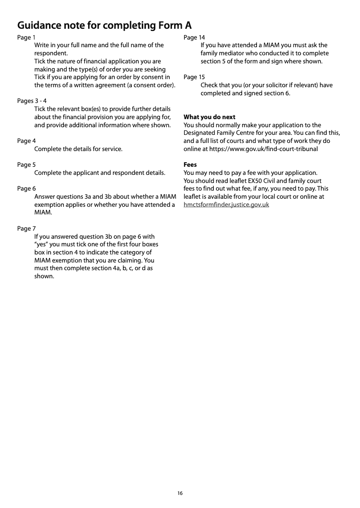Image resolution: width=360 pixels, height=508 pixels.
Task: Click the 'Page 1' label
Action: pos(25,37)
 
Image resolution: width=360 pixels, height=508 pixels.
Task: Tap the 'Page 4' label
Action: pos(26,141)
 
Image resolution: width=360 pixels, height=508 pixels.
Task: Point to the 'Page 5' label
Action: pos(26,165)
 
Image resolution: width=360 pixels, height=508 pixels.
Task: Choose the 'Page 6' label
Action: pos(26,188)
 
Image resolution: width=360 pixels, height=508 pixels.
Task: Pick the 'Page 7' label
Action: pos(26,228)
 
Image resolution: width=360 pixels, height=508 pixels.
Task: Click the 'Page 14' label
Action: pos(194,37)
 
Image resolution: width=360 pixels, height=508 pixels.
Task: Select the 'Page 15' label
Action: pos(194,77)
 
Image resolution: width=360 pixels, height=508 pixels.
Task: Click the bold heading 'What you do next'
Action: pos(209,117)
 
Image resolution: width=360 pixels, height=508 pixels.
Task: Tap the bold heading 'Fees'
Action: pos(190,165)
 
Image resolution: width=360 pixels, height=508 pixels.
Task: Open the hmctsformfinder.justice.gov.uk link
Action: pos(226,205)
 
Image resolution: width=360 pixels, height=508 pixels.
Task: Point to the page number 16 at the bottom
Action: pos(180,493)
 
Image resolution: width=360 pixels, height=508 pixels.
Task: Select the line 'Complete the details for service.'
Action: pos(78,149)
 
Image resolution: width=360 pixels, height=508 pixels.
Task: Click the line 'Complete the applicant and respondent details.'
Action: pos(100,173)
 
